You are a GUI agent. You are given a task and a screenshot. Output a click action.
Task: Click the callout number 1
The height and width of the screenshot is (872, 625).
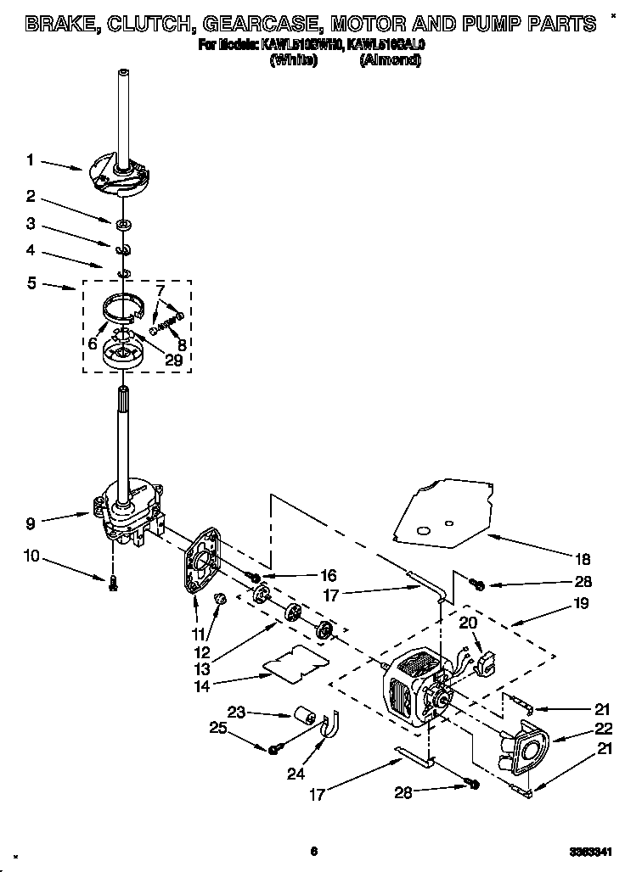pyautogui.click(x=30, y=159)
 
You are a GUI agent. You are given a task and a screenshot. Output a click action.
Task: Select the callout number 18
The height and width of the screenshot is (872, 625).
pyautogui.click(x=582, y=560)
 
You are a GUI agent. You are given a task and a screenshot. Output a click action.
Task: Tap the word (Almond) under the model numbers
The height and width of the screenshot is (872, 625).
pyautogui.click(x=390, y=60)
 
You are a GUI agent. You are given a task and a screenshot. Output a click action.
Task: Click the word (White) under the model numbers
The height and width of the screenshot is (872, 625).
pyautogui.click(x=293, y=60)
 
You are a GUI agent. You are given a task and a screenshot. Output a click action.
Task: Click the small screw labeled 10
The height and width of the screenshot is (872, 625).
pyautogui.click(x=112, y=582)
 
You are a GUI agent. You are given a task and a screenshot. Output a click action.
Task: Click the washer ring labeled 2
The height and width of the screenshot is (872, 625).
pyautogui.click(x=124, y=225)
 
